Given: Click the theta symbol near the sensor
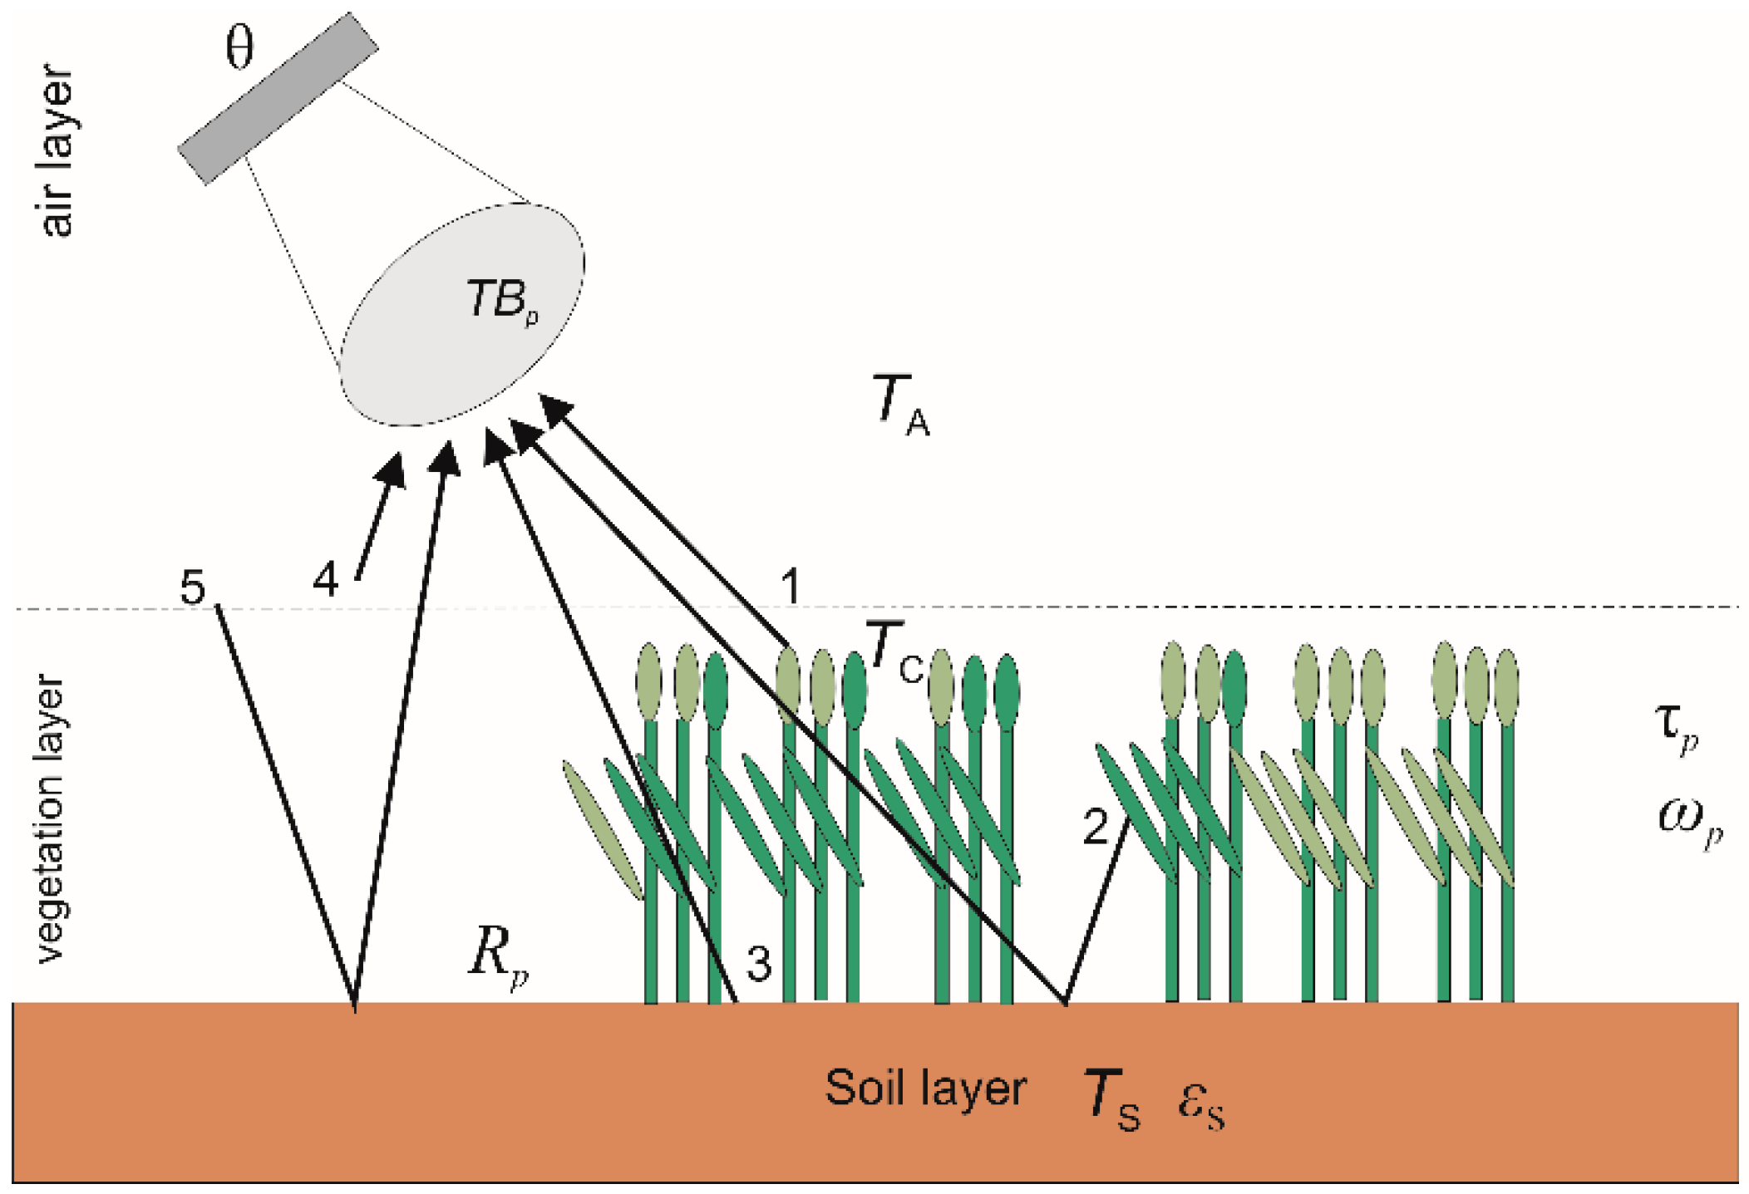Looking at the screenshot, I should pyautogui.click(x=239, y=48).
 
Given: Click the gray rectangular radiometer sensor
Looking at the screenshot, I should pyautogui.click(x=278, y=98).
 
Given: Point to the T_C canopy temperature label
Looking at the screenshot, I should pyautogui.click(x=894, y=652).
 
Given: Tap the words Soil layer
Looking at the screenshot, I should pyautogui.click(x=924, y=1088).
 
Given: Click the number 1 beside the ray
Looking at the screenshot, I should pyautogui.click(x=791, y=586).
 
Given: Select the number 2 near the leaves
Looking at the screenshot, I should pyautogui.click(x=1095, y=828).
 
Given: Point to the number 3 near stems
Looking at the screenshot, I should pyautogui.click(x=758, y=965).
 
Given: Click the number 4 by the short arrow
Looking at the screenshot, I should pyautogui.click(x=325, y=579).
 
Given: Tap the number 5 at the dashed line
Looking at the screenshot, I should pyautogui.click(x=192, y=588).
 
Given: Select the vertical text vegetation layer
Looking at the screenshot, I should pyautogui.click(x=50, y=818).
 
